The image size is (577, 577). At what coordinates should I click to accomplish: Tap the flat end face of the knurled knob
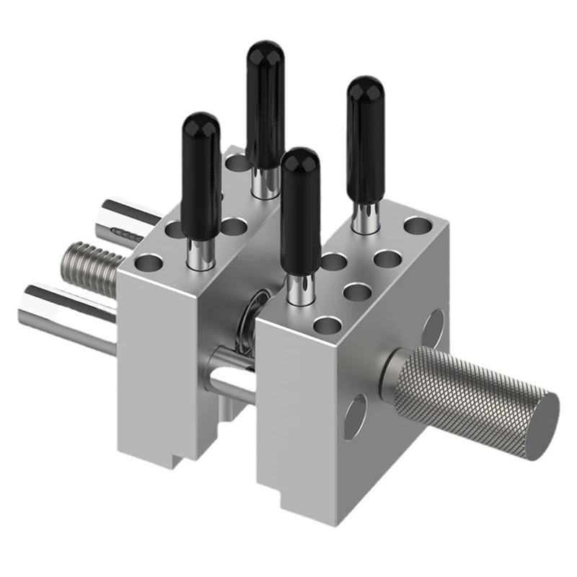(544, 426)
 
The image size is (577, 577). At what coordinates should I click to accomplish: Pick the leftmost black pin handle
(201, 173)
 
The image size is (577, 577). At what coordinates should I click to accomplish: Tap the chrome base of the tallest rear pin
(265, 183)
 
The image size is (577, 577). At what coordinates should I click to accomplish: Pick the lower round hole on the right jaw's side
(354, 417)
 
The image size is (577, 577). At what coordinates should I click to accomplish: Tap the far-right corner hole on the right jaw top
(417, 226)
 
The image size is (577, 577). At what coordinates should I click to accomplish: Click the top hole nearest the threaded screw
(149, 262)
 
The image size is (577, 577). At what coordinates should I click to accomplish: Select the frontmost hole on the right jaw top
(325, 325)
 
